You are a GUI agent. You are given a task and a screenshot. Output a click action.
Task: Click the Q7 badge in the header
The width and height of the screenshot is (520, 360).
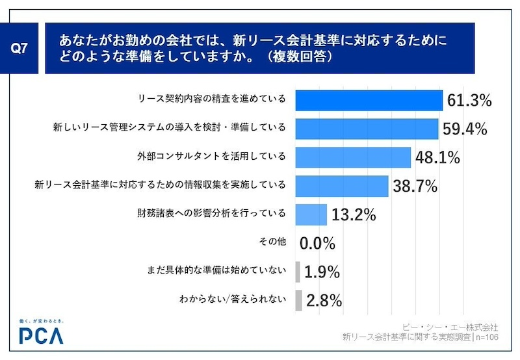point(21,48)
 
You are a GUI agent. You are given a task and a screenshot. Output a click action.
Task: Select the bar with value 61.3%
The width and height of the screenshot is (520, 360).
point(369,100)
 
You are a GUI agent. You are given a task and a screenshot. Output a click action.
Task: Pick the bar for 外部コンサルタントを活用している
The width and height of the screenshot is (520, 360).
point(353,157)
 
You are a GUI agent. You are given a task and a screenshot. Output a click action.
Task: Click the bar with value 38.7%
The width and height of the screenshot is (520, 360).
point(342,186)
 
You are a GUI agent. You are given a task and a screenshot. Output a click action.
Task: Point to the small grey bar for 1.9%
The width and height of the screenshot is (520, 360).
point(298,272)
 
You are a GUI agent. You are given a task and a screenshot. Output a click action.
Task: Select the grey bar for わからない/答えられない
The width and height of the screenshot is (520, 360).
point(298,300)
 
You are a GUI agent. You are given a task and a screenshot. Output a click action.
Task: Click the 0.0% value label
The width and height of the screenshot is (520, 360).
point(317,244)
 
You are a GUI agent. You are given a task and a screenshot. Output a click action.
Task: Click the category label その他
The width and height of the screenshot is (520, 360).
point(272,242)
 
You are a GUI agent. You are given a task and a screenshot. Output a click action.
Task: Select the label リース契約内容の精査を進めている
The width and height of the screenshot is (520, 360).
point(212,99)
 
